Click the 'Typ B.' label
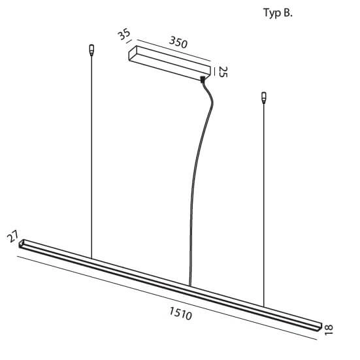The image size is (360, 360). [278, 13]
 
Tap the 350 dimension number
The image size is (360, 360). [178, 42]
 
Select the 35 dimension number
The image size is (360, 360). [124, 35]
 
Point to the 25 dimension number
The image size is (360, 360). [223, 72]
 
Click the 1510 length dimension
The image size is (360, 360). [181, 313]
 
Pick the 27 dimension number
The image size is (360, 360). [12, 237]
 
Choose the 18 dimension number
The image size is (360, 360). [329, 330]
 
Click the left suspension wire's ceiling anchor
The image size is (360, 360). [91, 50]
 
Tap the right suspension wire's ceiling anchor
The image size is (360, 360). [264, 98]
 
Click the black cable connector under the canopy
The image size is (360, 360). [203, 80]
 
